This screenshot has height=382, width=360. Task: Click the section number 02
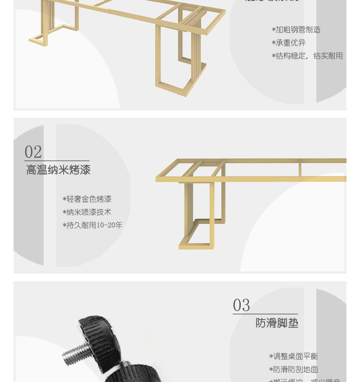coord(33,152)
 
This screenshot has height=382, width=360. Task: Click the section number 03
coord(241,306)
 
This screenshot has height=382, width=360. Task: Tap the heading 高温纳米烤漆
coord(58,170)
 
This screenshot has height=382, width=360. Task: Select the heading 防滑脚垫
coord(277,323)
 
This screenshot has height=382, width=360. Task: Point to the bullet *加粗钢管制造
coord(296,30)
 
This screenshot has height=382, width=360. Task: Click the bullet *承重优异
coord(288,43)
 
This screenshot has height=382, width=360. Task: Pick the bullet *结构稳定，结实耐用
coord(307,56)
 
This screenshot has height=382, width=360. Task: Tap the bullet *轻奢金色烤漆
coord(87,199)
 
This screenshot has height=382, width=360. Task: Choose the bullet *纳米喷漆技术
coord(87,212)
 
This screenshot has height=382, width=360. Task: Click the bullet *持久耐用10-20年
coord(92,225)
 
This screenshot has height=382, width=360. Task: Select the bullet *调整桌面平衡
coord(293,356)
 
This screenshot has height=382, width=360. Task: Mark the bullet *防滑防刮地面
coord(293,369)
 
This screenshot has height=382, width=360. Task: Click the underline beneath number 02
coord(57,160)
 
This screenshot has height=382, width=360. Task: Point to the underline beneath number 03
coord(265,314)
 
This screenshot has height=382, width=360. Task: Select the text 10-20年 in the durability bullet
coord(110,225)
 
